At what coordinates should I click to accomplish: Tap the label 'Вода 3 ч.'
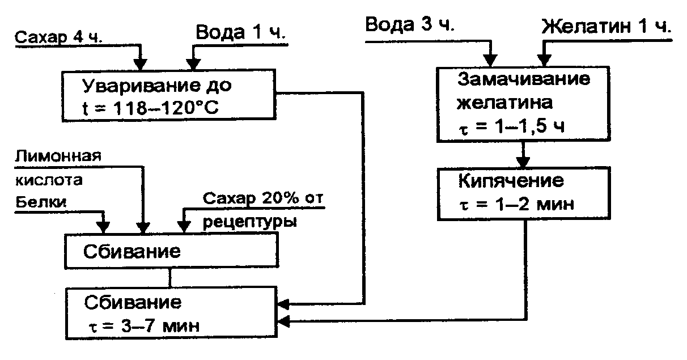point(410,26)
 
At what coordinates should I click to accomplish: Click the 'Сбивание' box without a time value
point(171,251)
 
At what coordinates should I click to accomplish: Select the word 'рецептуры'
point(249,222)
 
